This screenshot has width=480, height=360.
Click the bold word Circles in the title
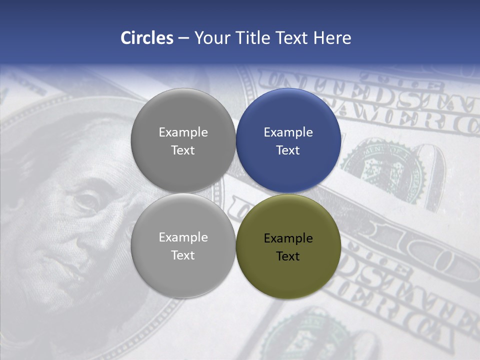[147, 38]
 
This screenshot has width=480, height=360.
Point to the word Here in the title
[332, 38]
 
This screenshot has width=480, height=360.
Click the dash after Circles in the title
[183, 38]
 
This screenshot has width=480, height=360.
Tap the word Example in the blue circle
[288, 132]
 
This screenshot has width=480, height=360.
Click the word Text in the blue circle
[288, 150]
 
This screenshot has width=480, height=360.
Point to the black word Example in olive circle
[288, 238]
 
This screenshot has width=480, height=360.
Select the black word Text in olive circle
[288, 256]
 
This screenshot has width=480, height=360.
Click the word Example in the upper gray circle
[183, 132]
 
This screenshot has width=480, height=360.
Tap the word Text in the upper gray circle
[183, 150]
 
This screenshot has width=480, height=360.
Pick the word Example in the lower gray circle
[183, 237]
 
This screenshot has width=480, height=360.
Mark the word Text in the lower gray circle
[183, 255]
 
